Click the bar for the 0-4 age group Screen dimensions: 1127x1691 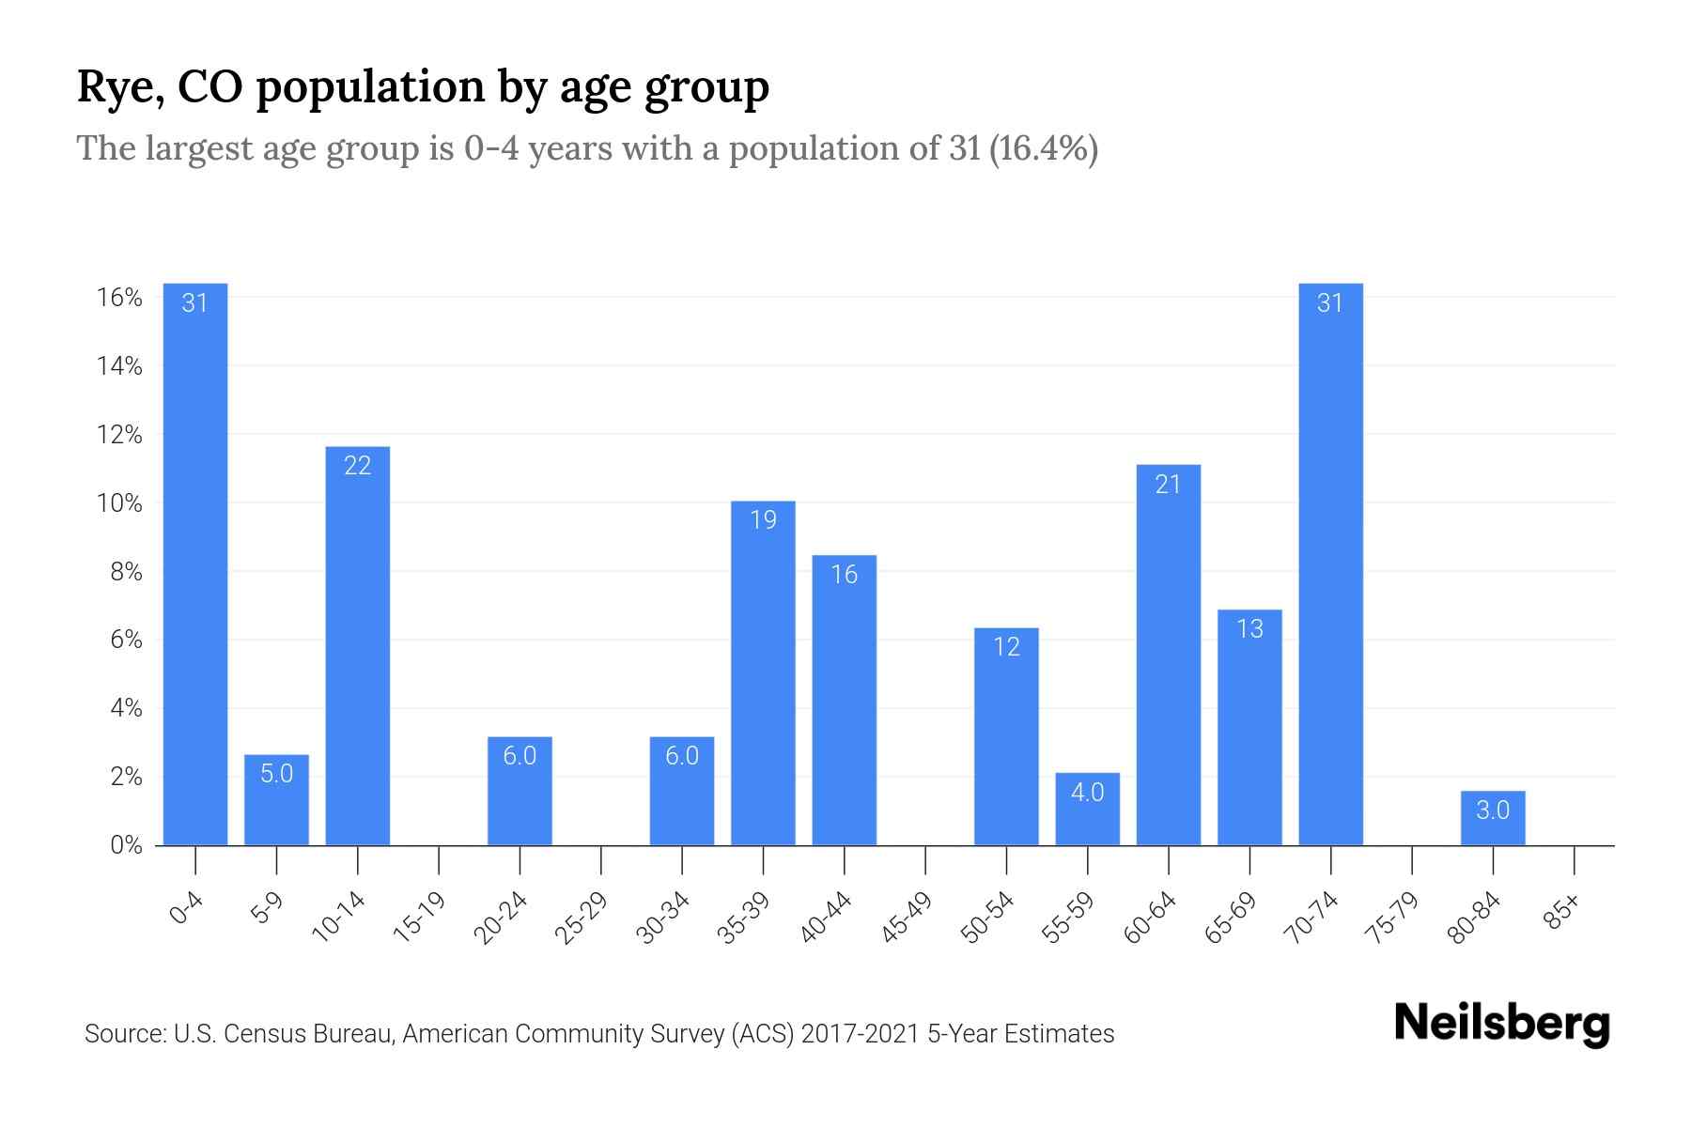[195, 563]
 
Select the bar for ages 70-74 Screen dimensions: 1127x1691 [1330, 563]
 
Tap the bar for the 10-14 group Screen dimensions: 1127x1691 [358, 648]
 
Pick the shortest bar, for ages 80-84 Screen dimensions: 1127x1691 [1493, 819]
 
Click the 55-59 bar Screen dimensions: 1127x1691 [1087, 810]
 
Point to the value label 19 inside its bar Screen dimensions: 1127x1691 [763, 519]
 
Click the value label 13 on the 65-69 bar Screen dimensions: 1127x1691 [1249, 628]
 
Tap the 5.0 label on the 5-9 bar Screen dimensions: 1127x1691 [276, 773]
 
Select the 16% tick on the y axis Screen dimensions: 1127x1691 [119, 298]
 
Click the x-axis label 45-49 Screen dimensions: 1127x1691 [907, 918]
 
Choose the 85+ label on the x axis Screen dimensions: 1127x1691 [1562, 912]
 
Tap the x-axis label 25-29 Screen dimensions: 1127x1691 [582, 918]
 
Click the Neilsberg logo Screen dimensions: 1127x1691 [1501, 1024]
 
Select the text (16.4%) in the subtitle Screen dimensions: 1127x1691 [1043, 148]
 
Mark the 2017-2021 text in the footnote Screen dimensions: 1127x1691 [860, 1034]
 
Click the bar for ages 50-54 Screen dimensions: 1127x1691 [1006, 737]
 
